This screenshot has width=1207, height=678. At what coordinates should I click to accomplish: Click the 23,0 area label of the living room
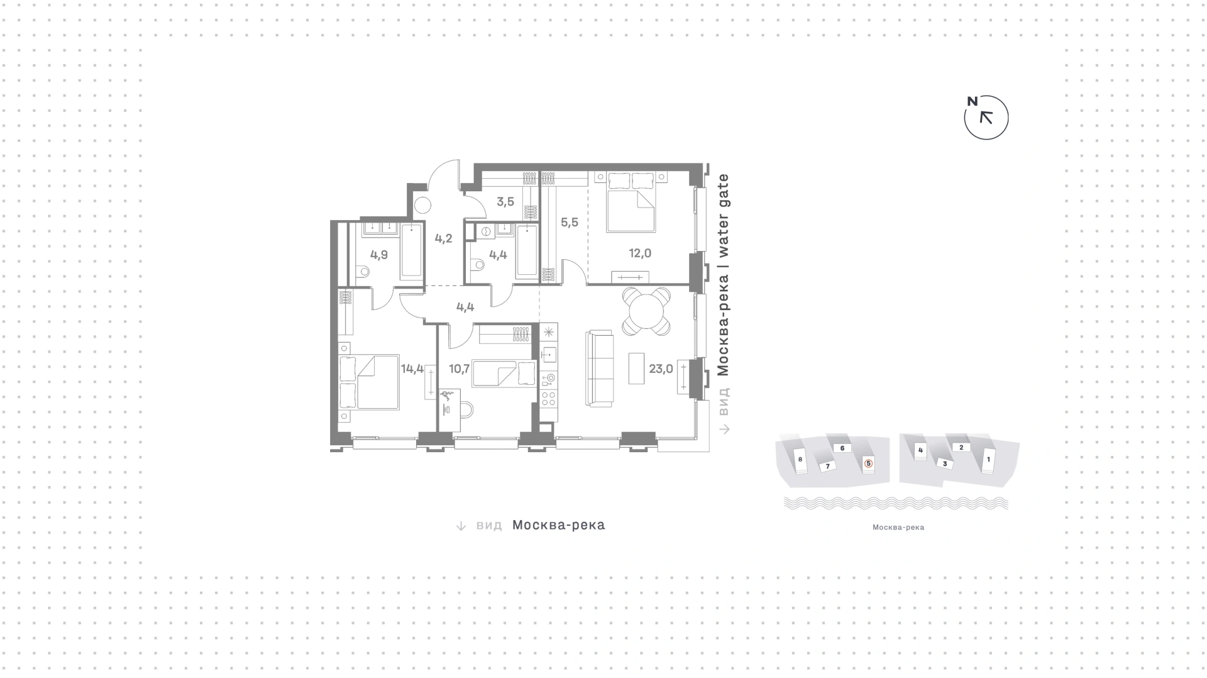tap(661, 369)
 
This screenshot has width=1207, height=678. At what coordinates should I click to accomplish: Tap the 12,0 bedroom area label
tap(640, 253)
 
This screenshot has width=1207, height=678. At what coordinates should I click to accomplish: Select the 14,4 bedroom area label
tap(412, 369)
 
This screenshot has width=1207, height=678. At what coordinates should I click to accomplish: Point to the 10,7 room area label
tap(459, 369)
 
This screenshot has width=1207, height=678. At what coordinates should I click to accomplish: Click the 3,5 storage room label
tap(505, 202)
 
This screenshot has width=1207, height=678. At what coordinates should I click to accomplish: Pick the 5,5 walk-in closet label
tap(570, 223)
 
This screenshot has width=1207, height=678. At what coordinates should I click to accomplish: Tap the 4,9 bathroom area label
tap(379, 255)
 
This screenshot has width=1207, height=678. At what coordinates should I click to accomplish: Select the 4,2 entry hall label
tap(443, 239)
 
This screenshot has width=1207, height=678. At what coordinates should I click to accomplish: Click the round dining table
tap(647, 311)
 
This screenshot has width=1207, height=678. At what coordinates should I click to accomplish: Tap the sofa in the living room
tap(599, 368)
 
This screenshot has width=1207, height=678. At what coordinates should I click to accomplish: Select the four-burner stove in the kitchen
tap(548, 398)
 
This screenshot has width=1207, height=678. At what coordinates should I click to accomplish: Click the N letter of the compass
tap(973, 101)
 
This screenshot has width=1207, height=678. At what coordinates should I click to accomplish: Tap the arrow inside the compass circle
tap(986, 118)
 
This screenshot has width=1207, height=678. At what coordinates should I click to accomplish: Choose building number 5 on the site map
tap(869, 464)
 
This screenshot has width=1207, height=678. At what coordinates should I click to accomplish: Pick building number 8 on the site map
tap(800, 460)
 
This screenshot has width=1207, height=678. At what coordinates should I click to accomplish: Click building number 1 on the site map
tap(988, 460)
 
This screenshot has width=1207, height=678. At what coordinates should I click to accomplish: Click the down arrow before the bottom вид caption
tap(461, 526)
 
